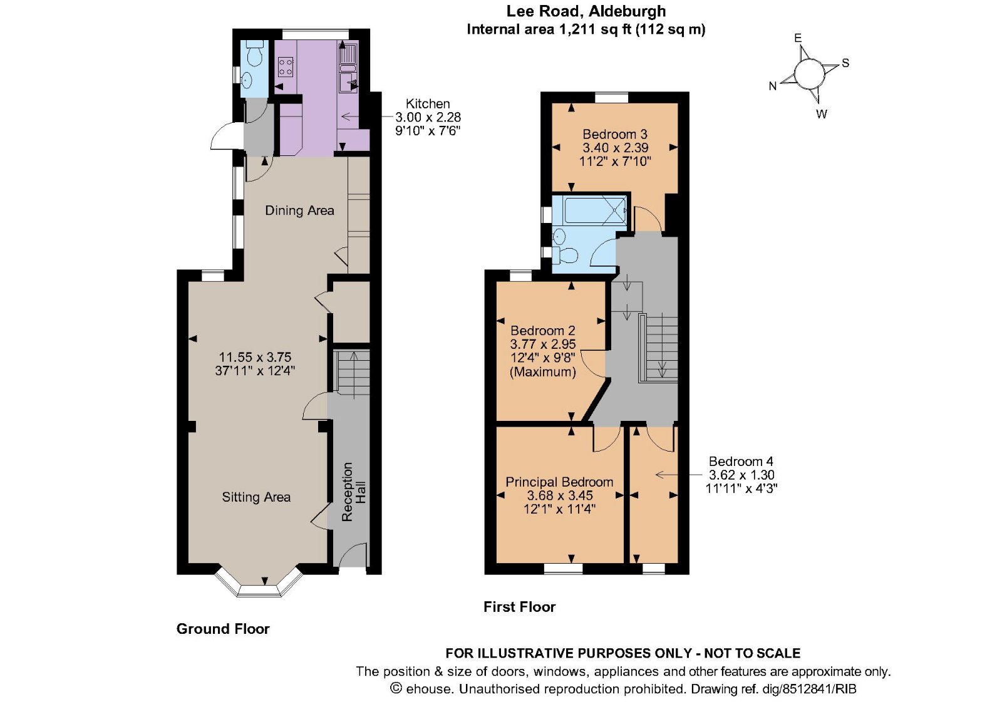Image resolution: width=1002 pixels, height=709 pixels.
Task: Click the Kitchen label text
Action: coord(428,104)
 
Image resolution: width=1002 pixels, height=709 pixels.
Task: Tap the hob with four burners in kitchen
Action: coord(286,66)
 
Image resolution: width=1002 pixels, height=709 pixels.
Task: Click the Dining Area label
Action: coord(299,210)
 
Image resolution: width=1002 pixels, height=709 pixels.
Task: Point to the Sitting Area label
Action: coord(256,497)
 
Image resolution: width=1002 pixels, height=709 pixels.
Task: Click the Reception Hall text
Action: coord(353,492)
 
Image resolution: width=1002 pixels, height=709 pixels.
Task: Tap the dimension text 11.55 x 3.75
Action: coord(255,357)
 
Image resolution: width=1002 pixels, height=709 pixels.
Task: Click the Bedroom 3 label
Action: coord(614,134)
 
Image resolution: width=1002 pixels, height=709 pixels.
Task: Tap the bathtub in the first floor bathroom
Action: coord(594,210)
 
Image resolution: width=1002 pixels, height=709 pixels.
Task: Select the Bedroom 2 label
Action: coord(542,331)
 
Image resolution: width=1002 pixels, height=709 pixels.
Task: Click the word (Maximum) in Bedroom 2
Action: coord(542,372)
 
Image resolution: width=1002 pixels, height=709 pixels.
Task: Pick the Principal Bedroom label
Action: coord(559,482)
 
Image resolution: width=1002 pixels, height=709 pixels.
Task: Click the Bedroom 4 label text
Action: coord(741,462)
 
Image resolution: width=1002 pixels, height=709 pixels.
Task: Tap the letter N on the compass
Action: coord(773,86)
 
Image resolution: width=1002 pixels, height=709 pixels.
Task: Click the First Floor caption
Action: coord(519,607)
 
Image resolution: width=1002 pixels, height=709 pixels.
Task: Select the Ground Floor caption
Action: coord(223,629)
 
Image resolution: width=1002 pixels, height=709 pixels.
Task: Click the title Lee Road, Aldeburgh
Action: coord(586,11)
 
